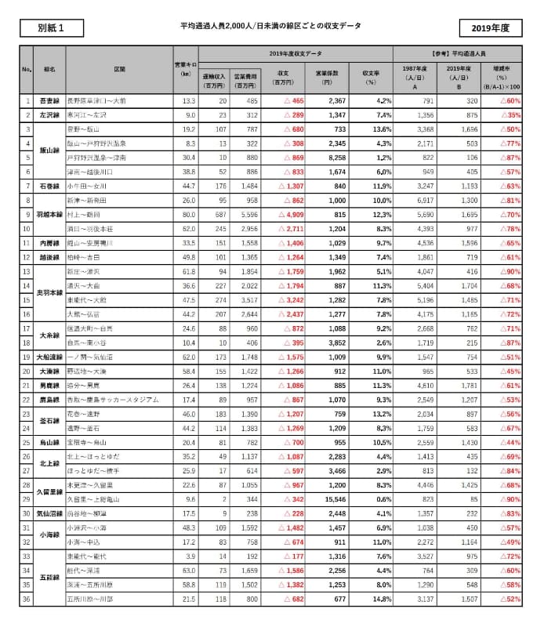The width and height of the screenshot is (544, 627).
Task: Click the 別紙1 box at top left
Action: click(50, 27)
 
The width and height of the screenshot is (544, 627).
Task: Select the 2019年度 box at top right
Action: click(491, 27)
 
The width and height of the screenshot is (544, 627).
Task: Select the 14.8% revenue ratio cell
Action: click(380, 600)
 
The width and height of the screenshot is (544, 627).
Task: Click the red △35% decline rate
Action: click(509, 115)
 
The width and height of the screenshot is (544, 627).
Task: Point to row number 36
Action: click(27, 600)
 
